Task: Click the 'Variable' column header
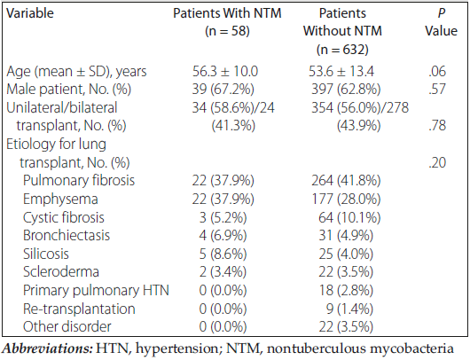(30, 13)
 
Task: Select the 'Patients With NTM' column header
(227, 22)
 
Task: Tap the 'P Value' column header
(442, 22)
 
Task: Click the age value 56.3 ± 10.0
(225, 71)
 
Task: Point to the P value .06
(437, 71)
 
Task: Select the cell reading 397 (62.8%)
(346, 89)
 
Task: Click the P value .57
(437, 89)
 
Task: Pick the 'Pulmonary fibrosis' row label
(79, 181)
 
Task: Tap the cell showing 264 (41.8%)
(346, 181)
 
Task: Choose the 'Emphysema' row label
(60, 200)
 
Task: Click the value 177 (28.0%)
(346, 199)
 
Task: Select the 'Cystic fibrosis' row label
(64, 217)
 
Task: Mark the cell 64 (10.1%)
(349, 217)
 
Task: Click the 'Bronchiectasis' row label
(67, 236)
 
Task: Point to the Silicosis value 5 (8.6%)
(223, 254)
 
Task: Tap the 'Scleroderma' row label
(61, 272)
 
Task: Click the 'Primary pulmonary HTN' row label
(97, 291)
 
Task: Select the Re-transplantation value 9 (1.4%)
(349, 309)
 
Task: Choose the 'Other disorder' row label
(67, 326)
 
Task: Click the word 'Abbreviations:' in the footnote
(47, 348)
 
